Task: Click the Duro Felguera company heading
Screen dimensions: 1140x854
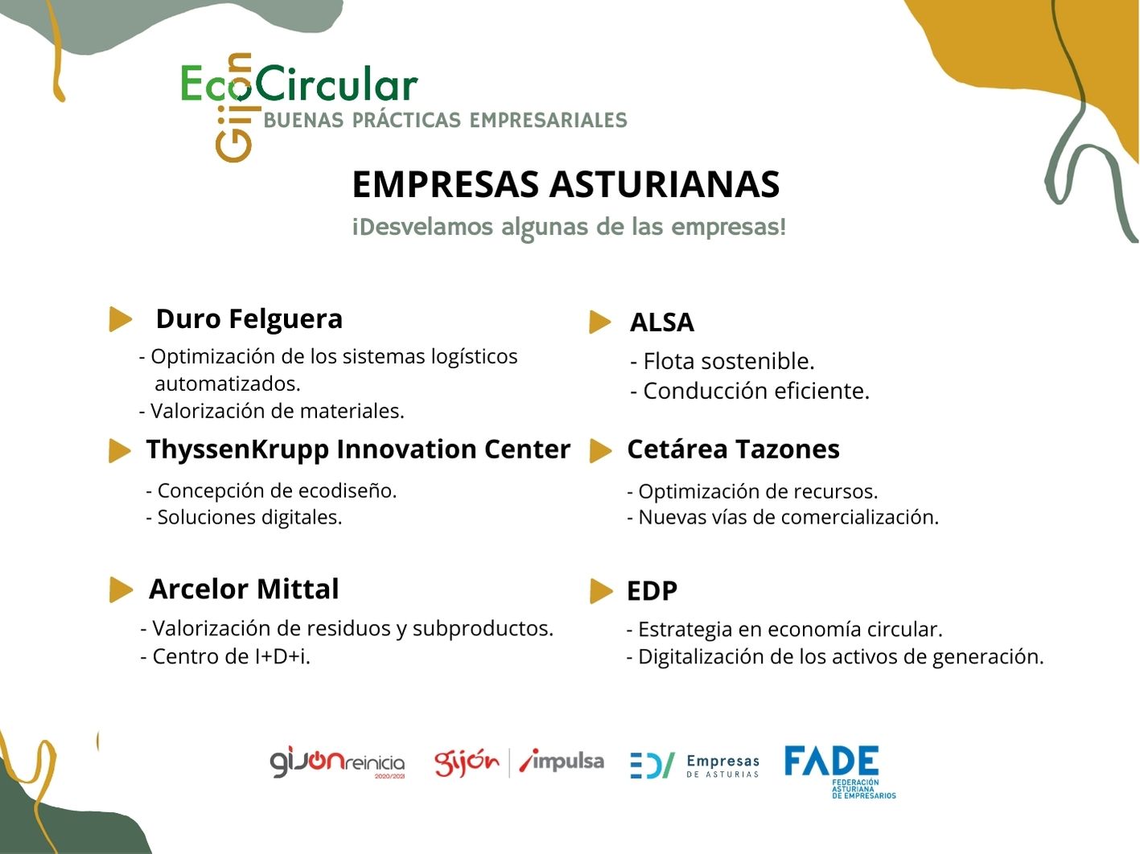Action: [x=249, y=319]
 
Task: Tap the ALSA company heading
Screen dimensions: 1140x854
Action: [x=661, y=322]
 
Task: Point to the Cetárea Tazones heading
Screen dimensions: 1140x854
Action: [x=734, y=449]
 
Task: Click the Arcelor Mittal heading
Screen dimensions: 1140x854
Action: [x=244, y=589]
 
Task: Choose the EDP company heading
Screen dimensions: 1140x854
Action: [x=652, y=591]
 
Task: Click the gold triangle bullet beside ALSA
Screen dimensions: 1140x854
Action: [x=600, y=322]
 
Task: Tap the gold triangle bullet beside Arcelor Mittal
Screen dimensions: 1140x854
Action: [x=121, y=589]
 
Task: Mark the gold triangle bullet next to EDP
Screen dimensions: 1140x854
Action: [x=602, y=591]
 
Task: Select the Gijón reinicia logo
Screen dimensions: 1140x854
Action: [x=337, y=762]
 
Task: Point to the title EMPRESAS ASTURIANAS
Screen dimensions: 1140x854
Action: [x=566, y=184]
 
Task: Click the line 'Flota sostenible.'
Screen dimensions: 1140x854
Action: [x=722, y=361]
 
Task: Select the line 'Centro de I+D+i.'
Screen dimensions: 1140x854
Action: [x=225, y=657]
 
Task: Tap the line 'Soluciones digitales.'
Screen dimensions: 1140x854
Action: [x=244, y=518]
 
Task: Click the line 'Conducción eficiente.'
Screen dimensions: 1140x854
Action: [x=750, y=391]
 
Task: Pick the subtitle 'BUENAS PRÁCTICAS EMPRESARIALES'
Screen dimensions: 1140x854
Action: [x=446, y=120]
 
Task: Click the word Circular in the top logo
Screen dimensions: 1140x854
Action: [x=336, y=83]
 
